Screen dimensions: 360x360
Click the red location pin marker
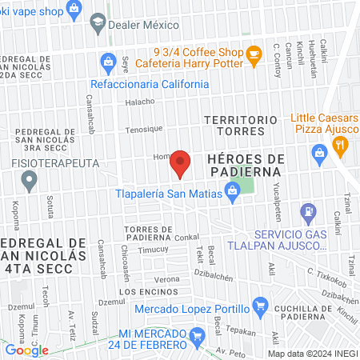coord(181,163)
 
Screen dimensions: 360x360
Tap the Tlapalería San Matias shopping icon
coord(232,190)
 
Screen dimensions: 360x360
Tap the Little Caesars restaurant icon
coord(340,145)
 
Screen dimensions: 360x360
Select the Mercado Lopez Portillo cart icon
coord(259,305)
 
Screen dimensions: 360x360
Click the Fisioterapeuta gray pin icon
coord(30,182)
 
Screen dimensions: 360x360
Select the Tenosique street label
coord(143,129)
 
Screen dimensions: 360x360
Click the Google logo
coord(26,350)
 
